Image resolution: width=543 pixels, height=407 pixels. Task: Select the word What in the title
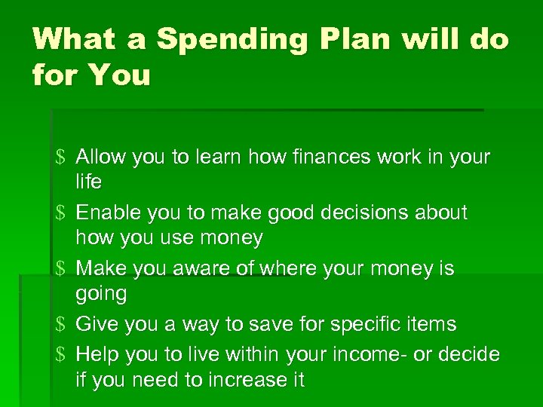coord(79,39)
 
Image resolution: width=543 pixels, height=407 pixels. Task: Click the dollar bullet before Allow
coord(61,158)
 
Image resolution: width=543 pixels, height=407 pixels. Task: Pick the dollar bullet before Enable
coord(61,213)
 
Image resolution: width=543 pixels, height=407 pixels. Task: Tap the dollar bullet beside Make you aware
coord(61,269)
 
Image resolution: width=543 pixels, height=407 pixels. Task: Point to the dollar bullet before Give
coord(61,325)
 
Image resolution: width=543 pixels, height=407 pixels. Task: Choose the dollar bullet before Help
coord(61,354)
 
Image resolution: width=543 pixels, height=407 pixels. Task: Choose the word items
coord(430,325)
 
